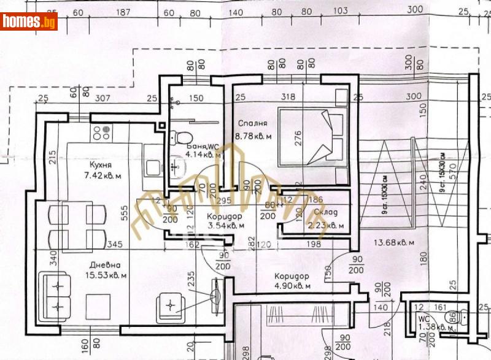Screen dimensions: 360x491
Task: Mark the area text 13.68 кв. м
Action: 390,242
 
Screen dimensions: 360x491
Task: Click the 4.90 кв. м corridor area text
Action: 293,285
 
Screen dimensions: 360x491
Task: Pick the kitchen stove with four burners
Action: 101,131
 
